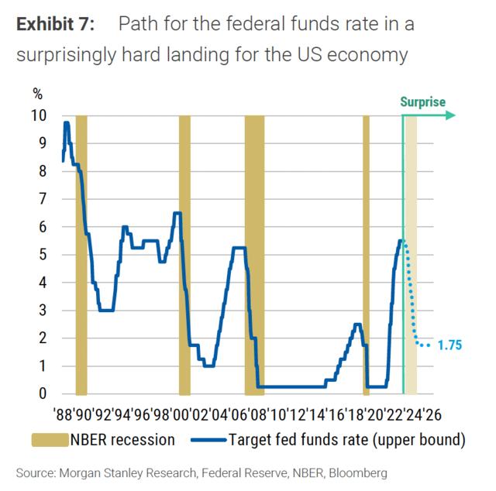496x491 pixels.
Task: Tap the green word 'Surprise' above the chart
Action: [422, 101]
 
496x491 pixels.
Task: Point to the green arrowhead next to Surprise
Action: [450, 115]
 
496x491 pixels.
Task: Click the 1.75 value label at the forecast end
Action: [450, 345]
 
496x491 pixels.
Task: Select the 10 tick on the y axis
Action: [39, 115]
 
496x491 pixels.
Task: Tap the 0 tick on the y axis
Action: [43, 393]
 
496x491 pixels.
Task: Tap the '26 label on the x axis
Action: [432, 414]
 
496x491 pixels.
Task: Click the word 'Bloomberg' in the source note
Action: [359, 472]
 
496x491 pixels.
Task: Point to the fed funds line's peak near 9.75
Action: [67, 123]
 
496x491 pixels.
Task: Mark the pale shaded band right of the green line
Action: [412, 256]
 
